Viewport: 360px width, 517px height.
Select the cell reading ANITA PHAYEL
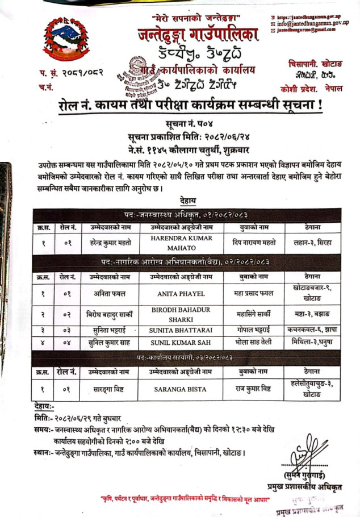[x=181, y=294]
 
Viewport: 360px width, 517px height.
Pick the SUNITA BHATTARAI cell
[x=181, y=330]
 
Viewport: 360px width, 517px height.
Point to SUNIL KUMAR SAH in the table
[x=181, y=342]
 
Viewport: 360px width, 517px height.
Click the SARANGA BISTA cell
[x=181, y=390]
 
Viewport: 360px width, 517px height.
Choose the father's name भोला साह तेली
[x=253, y=342]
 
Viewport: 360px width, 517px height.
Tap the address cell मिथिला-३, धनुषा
[x=311, y=342]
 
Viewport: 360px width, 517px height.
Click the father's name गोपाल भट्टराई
[x=253, y=330]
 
